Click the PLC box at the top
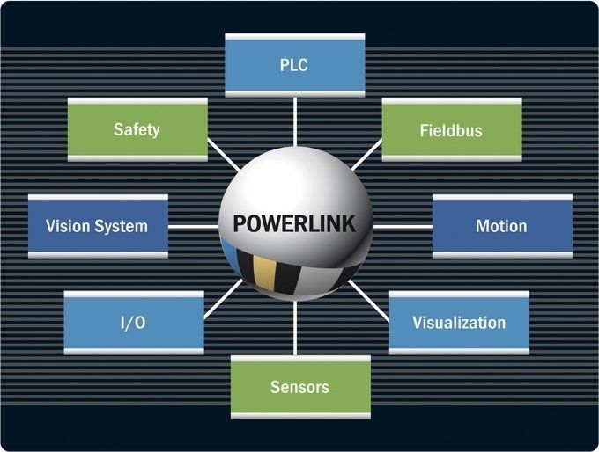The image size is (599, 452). point(294,65)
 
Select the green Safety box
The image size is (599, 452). point(137,129)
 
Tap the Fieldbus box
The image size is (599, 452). point(451,130)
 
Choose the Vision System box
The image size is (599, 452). point(98,226)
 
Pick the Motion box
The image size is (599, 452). point(501,226)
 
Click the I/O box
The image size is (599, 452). point(133,323)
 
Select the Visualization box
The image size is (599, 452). point(459,323)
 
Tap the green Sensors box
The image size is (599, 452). point(299,387)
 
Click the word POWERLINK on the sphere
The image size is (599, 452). point(294,224)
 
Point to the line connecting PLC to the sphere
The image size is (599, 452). point(294,121)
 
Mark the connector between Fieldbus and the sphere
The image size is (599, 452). point(366,156)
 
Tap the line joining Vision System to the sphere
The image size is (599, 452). point(194,226)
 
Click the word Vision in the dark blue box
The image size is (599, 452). point(68,226)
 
